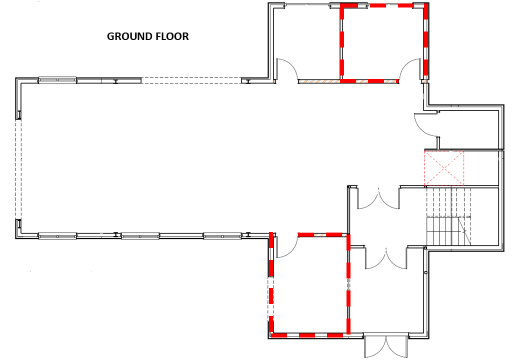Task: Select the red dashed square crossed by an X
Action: tap(444, 168)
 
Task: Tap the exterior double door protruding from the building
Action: tap(385, 345)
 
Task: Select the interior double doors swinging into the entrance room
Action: tap(386, 258)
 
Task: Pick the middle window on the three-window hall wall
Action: tap(140, 236)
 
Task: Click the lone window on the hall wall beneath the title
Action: tap(57, 80)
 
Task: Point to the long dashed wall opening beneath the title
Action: tap(191, 80)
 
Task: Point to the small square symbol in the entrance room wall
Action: tap(426, 272)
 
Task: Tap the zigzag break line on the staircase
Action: tap(465, 230)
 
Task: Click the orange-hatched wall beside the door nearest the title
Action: tap(318, 81)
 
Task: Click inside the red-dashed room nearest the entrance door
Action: tap(309, 285)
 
